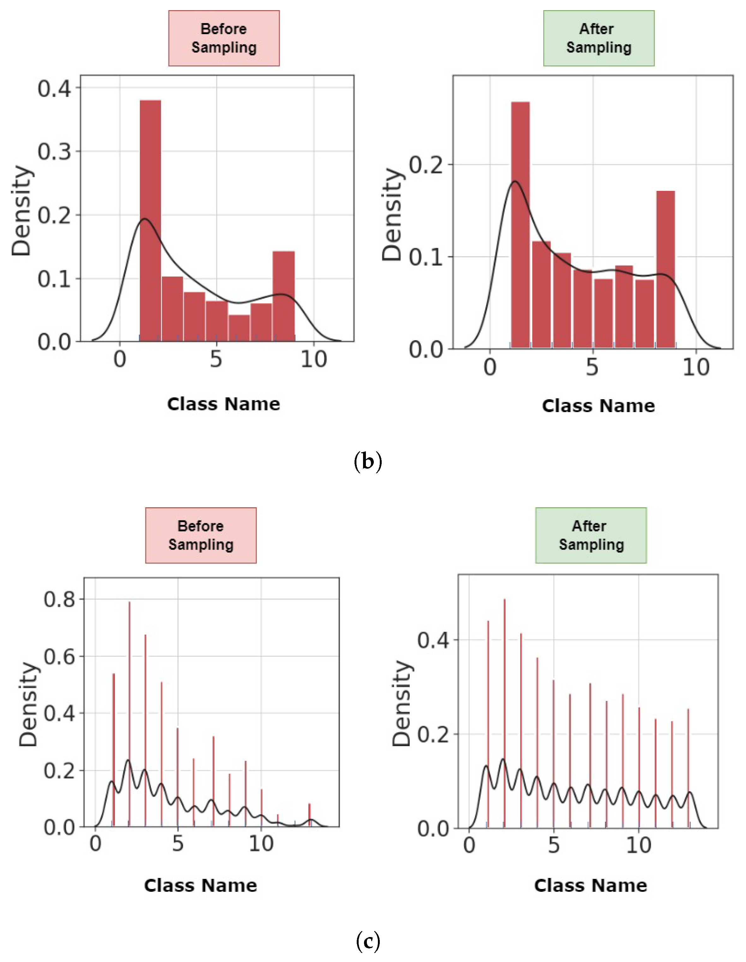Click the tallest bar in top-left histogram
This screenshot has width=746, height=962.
pos(150,220)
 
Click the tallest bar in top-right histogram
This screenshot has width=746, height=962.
pos(520,225)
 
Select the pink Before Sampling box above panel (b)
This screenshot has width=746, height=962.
pos(224,38)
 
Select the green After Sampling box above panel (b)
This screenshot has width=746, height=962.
pos(598,38)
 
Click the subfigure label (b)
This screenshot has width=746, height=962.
pos(367,461)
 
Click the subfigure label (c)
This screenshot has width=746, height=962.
pos(367,941)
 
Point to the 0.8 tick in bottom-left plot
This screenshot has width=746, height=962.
pos(59,599)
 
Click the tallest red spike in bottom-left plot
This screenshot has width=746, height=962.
pos(129,714)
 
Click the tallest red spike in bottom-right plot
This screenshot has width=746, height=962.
pos(504,714)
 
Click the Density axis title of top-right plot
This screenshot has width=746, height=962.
pos(392,215)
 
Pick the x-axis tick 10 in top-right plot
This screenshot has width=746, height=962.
pos(696,367)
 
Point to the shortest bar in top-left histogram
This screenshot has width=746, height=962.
pos(239,328)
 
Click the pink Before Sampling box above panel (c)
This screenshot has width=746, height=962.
pos(201,535)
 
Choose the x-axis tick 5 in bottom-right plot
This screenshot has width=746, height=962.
pos(554,845)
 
